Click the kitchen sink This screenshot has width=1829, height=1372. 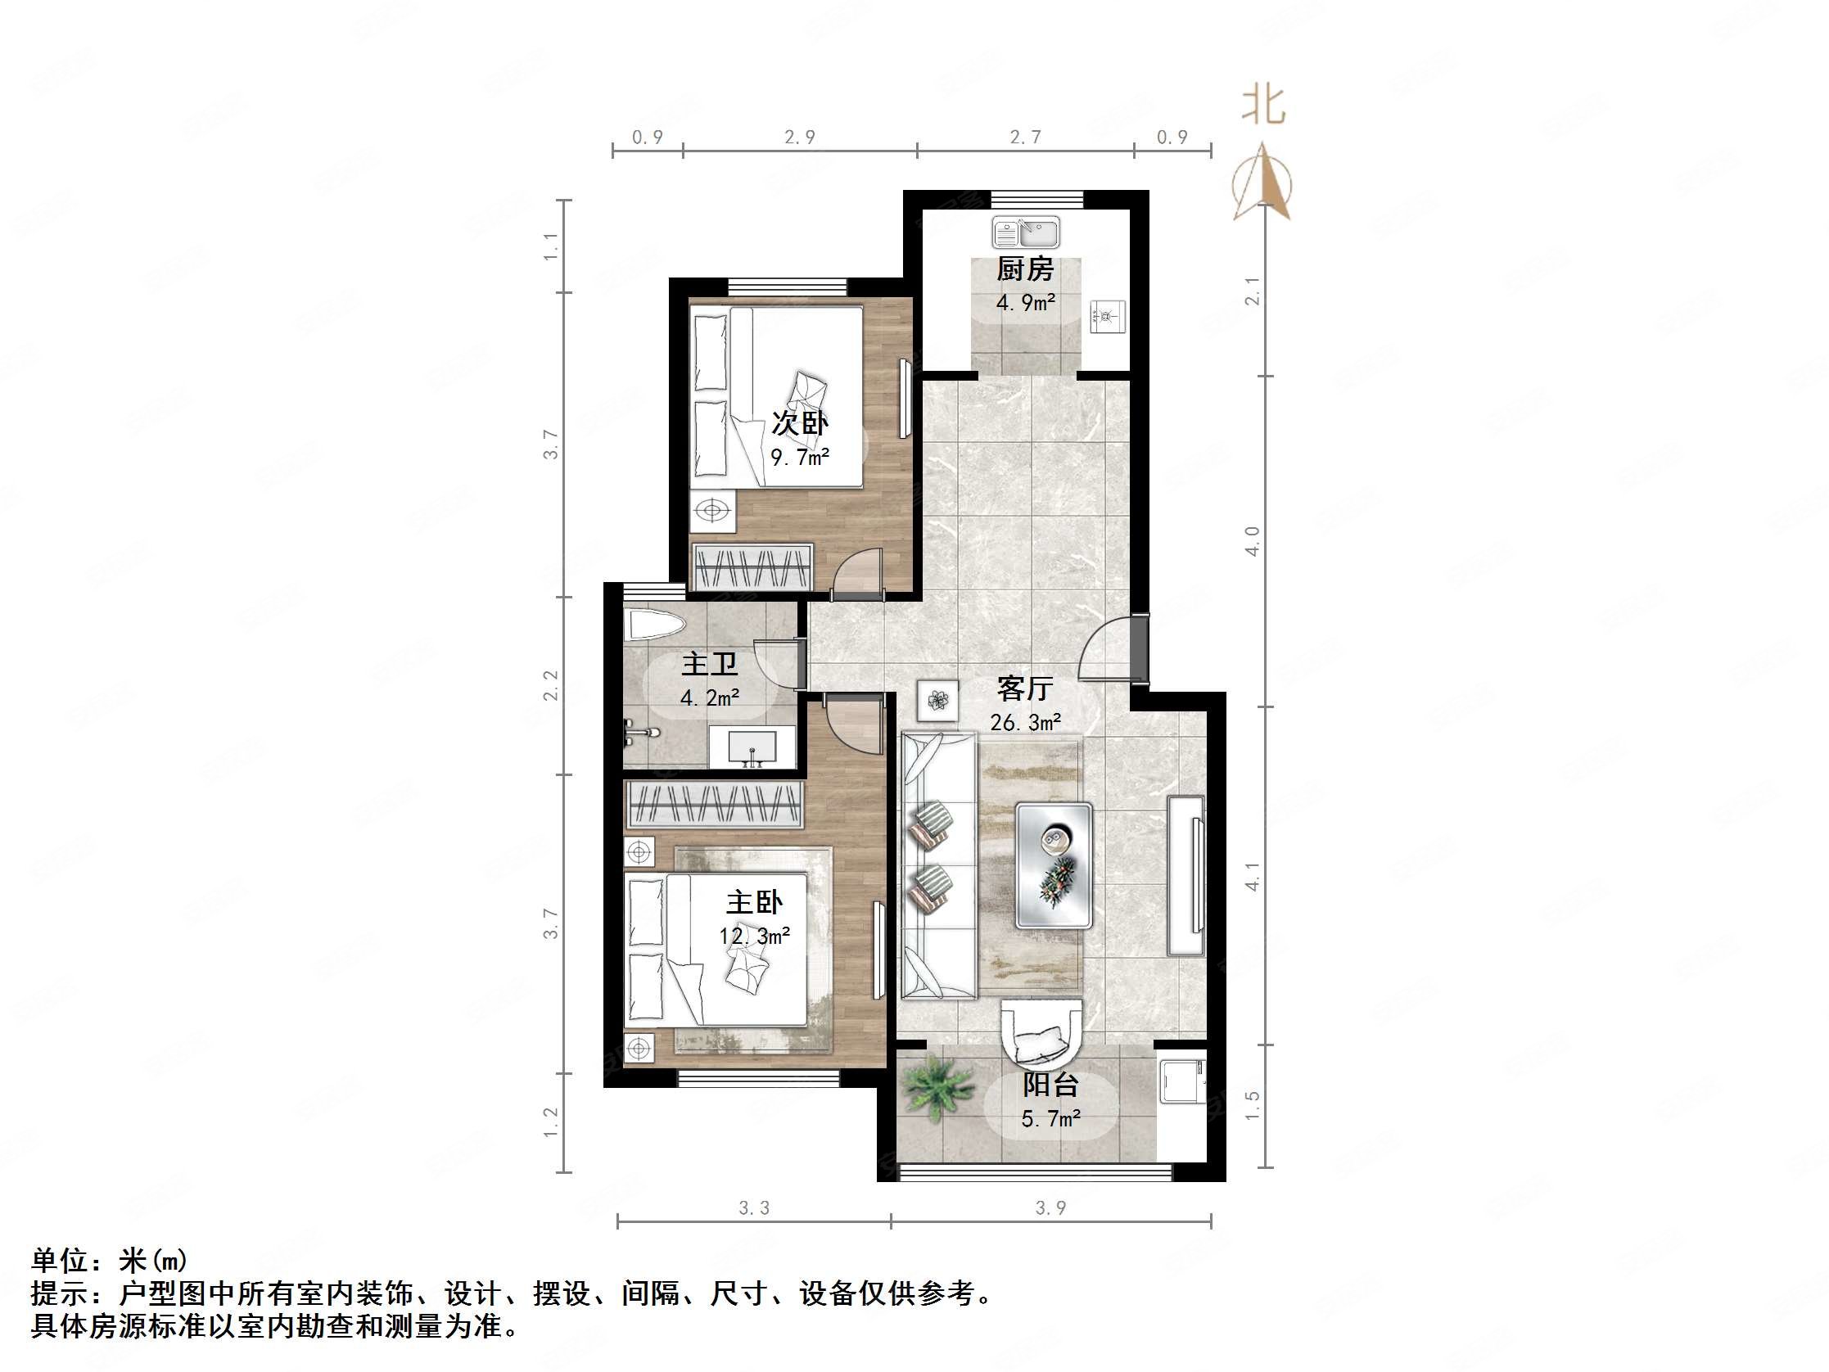(1026, 232)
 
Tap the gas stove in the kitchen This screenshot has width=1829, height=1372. (1108, 316)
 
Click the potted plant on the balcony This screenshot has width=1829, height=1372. (937, 1090)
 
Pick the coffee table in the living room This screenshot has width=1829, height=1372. (1054, 864)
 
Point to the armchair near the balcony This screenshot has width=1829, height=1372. (1041, 1035)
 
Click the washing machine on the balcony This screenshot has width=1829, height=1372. (1182, 1079)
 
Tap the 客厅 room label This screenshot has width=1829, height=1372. (1024, 688)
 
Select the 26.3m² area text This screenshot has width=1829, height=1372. (1025, 723)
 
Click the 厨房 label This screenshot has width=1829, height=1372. (1025, 269)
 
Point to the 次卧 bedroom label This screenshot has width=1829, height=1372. (800, 423)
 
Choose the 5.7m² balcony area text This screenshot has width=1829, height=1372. (1051, 1119)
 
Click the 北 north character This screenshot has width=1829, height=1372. (1263, 106)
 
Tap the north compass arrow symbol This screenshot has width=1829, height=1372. (1262, 183)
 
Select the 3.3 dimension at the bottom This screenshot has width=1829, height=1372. (753, 1208)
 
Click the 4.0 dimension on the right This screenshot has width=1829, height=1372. (1253, 541)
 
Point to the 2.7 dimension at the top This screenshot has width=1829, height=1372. (1025, 138)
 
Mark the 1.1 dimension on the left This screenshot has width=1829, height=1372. (552, 246)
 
